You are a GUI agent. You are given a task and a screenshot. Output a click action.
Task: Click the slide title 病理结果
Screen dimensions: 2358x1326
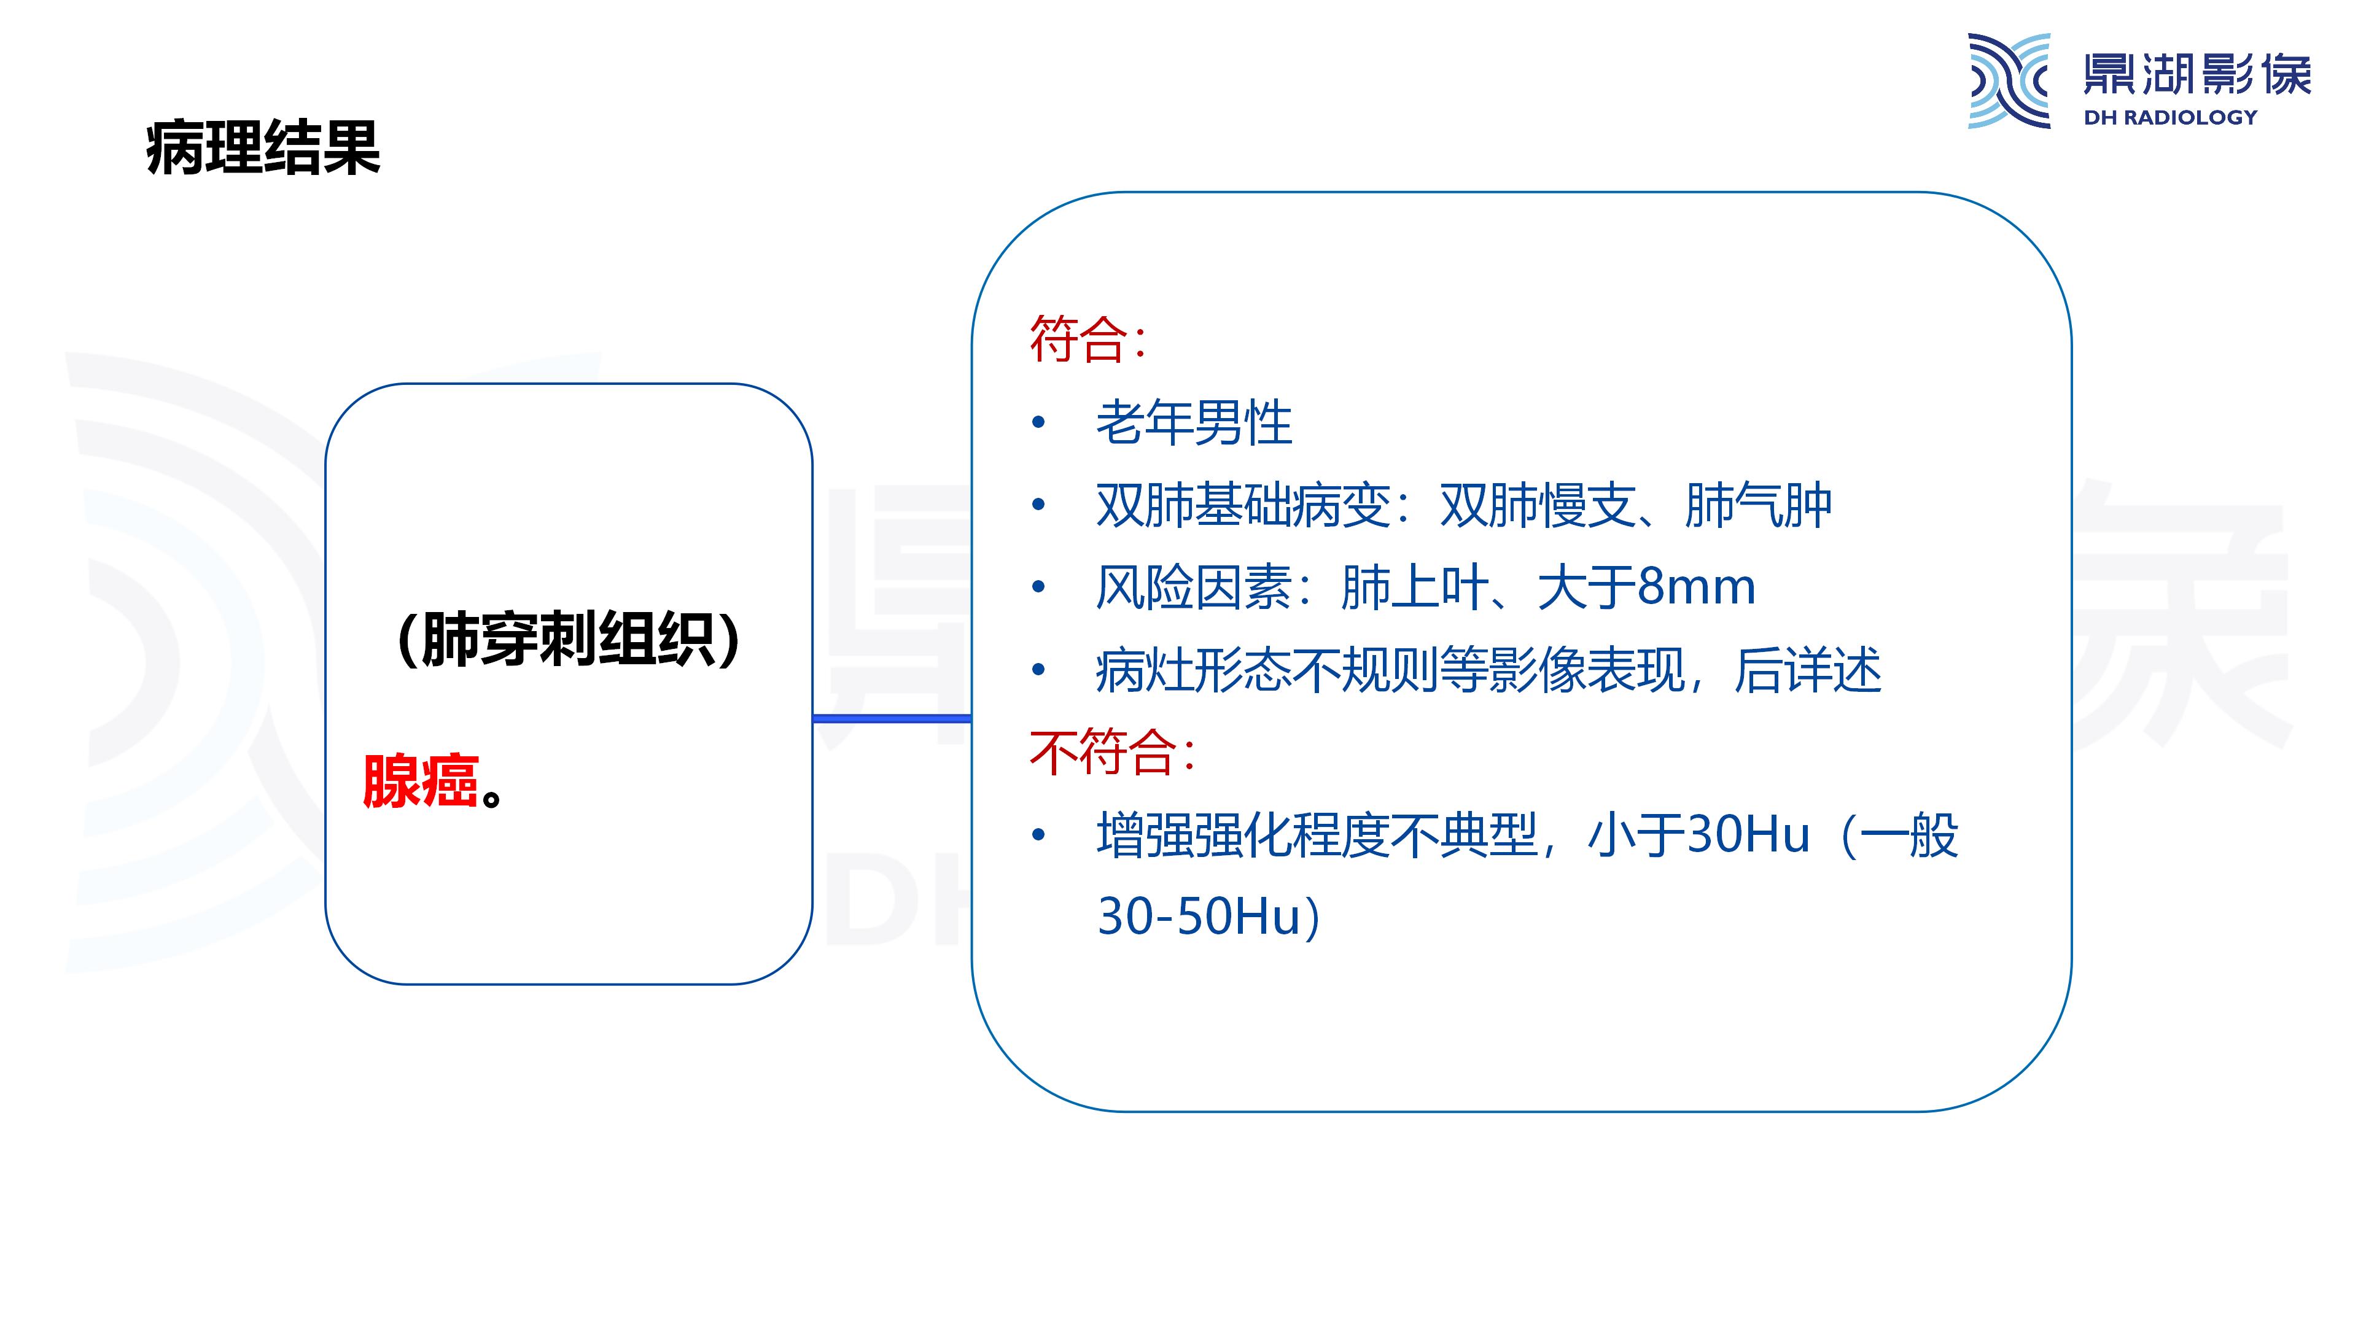pyautogui.click(x=263, y=147)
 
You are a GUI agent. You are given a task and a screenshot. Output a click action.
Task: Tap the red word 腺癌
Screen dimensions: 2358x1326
pyautogui.click(x=420, y=781)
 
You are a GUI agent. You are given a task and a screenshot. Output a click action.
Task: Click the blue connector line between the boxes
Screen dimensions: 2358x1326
pyautogui.click(x=892, y=718)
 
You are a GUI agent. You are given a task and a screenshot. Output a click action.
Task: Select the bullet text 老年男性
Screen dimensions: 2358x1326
pyautogui.click(x=1194, y=423)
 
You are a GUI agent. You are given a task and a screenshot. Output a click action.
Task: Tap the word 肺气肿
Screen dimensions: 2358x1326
pyautogui.click(x=1757, y=505)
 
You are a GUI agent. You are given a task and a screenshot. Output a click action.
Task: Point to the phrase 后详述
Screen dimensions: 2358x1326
pyautogui.click(x=1808, y=670)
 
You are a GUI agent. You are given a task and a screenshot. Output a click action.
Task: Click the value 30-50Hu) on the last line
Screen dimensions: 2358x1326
pyautogui.click(x=1208, y=916)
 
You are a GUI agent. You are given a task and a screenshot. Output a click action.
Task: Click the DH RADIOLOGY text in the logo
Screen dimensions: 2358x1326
pyautogui.click(x=2169, y=117)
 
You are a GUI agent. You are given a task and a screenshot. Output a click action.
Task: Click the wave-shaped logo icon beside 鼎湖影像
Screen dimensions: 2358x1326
pyautogui.click(x=2009, y=80)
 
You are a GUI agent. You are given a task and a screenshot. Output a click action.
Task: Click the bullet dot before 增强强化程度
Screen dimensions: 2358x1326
pyautogui.click(x=1038, y=835)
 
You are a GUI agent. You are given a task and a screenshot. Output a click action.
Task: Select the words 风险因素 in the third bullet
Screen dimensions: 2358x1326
pyautogui.click(x=1194, y=587)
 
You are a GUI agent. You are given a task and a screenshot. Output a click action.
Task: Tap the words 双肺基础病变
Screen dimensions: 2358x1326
pyautogui.click(x=1243, y=505)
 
